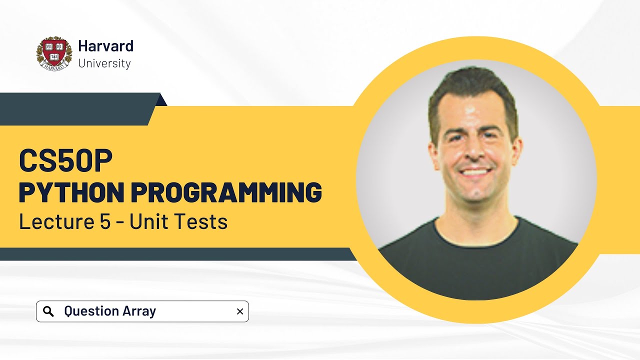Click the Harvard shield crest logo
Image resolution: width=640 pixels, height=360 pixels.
click(x=54, y=53)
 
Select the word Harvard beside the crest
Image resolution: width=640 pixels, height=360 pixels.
click(x=105, y=46)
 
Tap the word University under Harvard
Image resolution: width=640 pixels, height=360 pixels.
click(x=104, y=63)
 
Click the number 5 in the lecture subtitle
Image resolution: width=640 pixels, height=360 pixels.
click(x=104, y=221)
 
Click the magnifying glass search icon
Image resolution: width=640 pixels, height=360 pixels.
click(x=48, y=311)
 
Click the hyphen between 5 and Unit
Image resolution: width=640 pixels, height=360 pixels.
click(x=120, y=222)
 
